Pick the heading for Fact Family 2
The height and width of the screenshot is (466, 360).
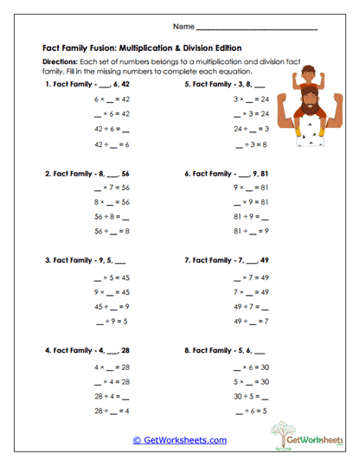coord(85,173)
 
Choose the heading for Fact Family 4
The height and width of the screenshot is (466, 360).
coord(84,351)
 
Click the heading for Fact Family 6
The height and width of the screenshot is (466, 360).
coord(224,173)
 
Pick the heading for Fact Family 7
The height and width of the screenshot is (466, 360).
coord(223,261)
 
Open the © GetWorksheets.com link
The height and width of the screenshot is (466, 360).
coord(180,439)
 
